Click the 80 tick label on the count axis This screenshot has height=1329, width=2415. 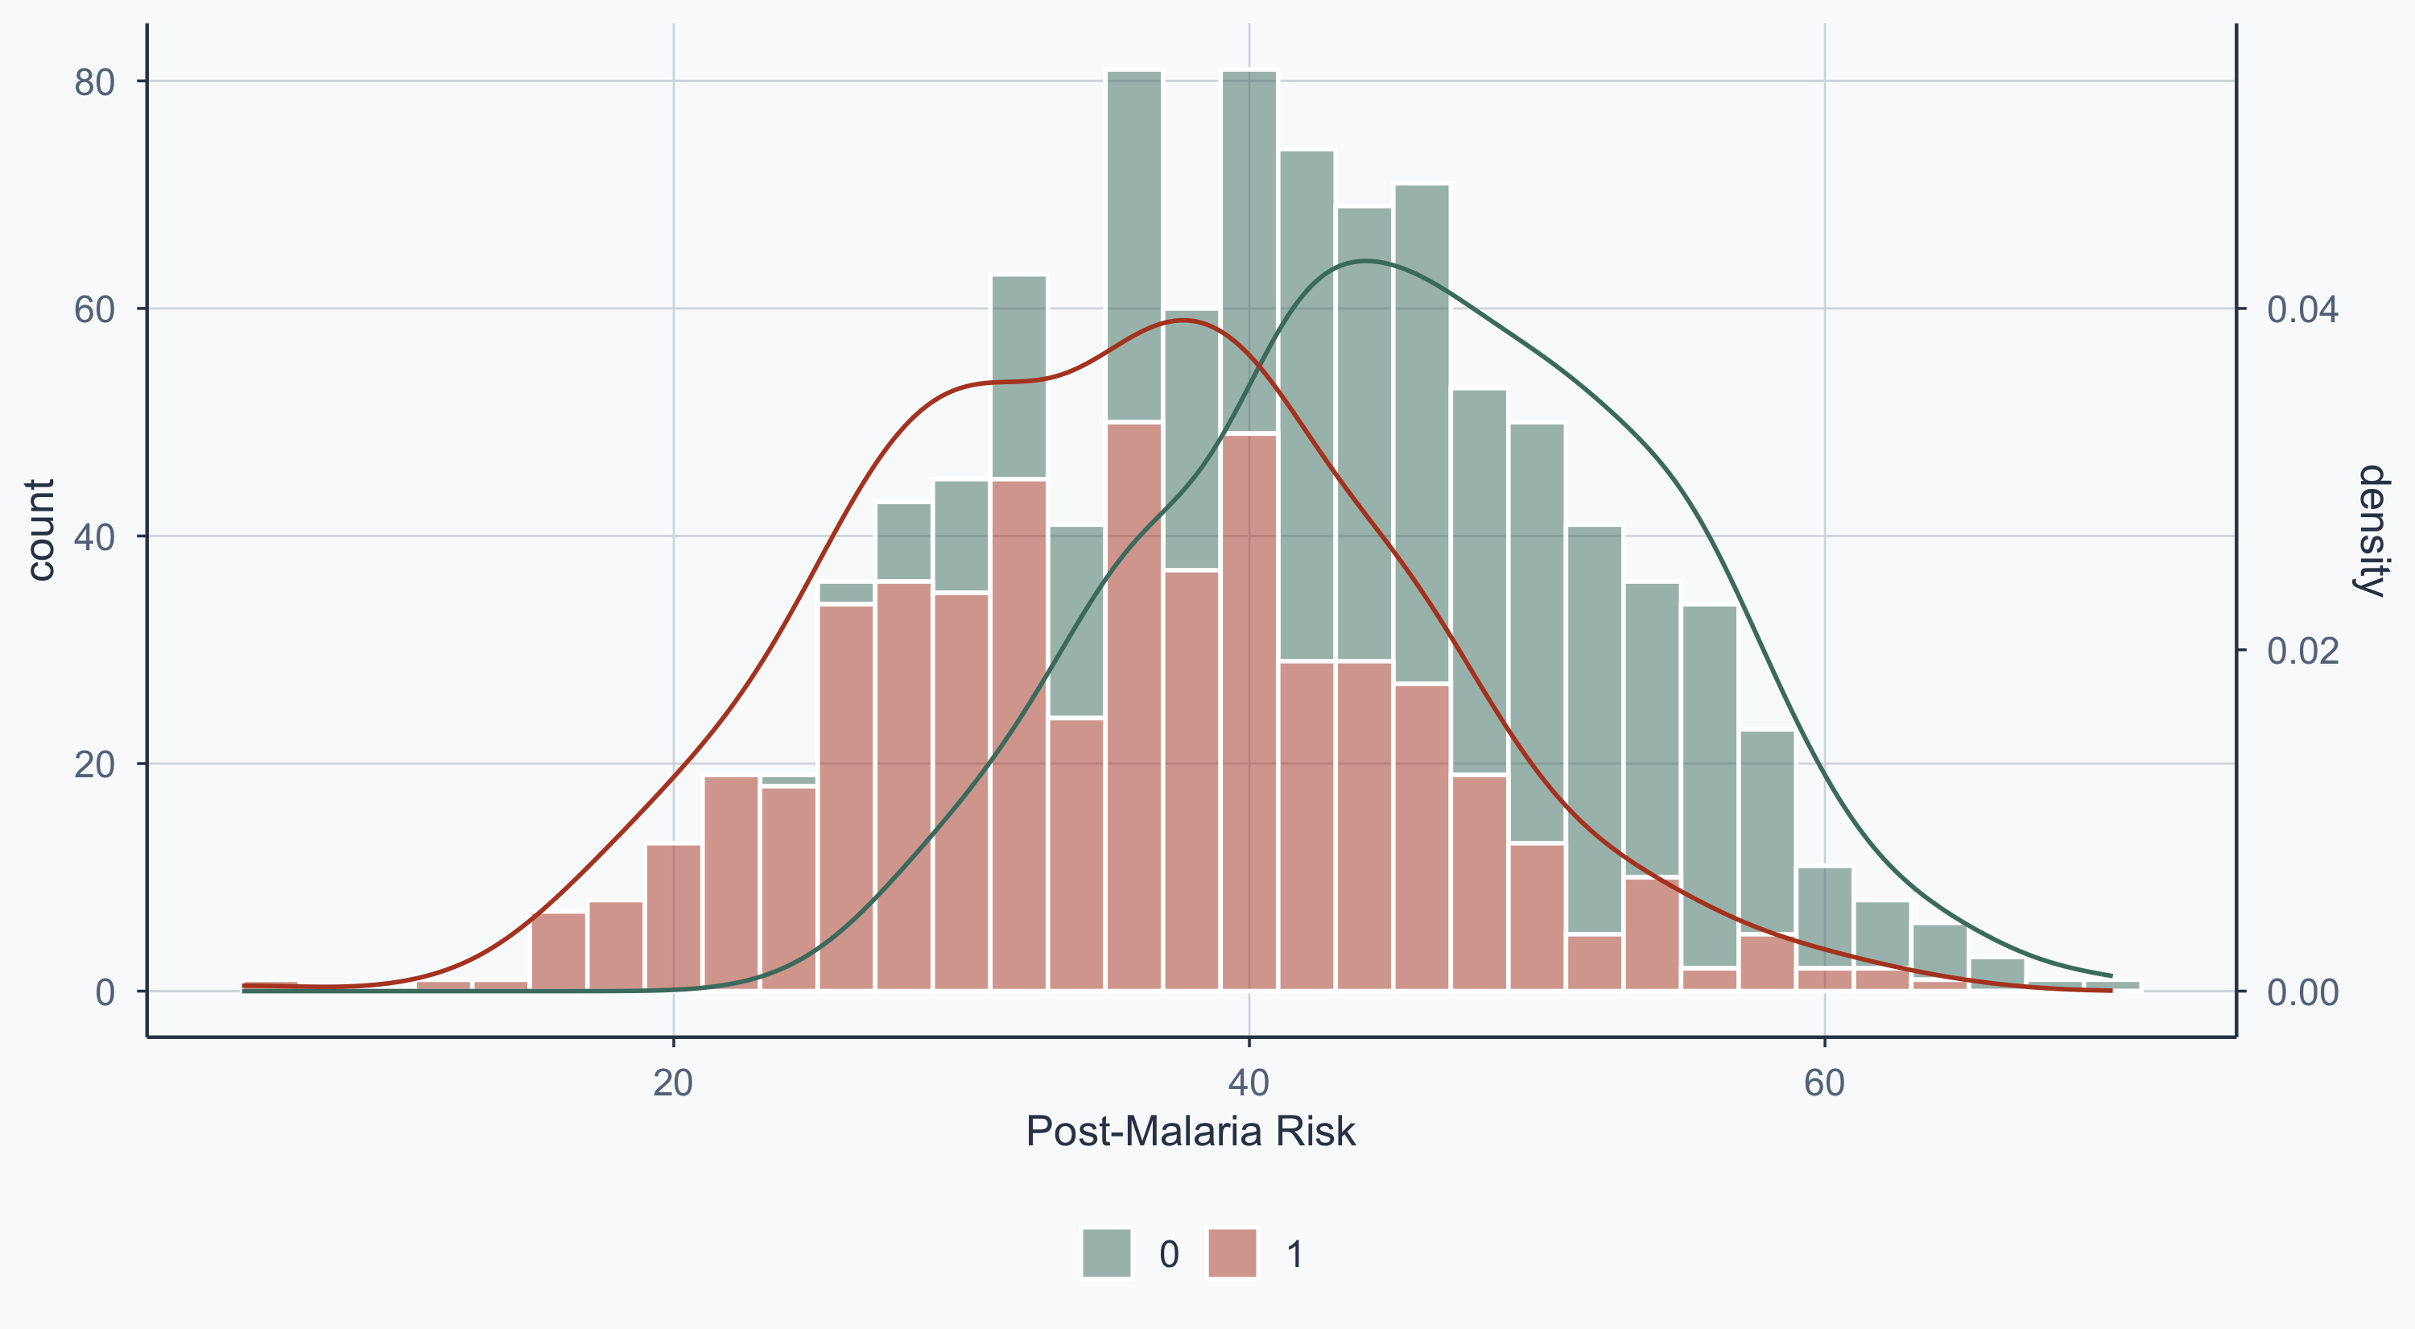coord(93,82)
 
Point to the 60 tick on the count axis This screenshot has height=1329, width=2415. coord(93,309)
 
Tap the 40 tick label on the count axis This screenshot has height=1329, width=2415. coord(93,537)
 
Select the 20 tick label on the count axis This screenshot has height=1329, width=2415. coord(93,765)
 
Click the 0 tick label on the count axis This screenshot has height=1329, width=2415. coord(105,992)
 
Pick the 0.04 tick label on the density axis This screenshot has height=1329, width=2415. coord(2302,309)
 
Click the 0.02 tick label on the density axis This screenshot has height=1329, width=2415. coord(2302,651)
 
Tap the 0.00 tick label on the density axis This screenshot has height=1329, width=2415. coord(2302,992)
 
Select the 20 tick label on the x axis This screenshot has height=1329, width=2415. coord(673,1083)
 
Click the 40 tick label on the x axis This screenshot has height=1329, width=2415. coord(1249,1083)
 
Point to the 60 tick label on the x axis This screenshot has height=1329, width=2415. coord(1824,1083)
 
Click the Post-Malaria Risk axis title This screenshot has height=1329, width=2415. coord(1191,1132)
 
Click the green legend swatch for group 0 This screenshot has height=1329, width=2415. coord(1107,1253)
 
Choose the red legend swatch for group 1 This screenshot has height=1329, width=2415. coord(1232,1253)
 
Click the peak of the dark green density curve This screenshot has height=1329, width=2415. coord(1366,261)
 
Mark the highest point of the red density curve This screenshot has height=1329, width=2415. coord(1184,320)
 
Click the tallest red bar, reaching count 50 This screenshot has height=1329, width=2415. coord(1134,703)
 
